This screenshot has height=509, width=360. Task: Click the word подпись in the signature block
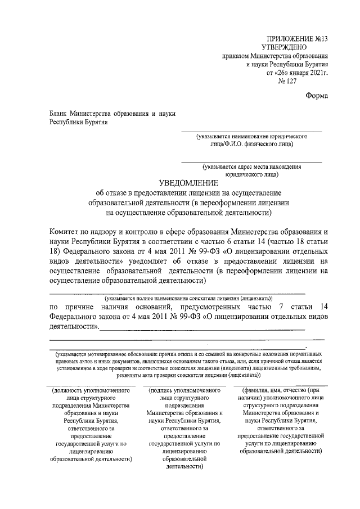pyautogui.click(x=165, y=389)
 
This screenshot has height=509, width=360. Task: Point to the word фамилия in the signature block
pyautogui.click(x=259, y=389)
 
